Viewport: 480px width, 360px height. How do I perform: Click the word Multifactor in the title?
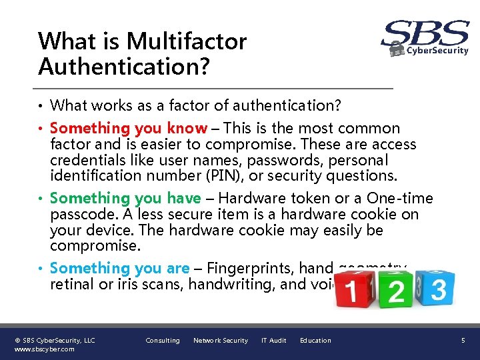click(187, 41)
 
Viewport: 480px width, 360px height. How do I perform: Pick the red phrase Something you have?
click(125, 198)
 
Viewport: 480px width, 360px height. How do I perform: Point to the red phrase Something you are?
click(120, 268)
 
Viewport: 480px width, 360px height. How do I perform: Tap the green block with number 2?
click(396, 291)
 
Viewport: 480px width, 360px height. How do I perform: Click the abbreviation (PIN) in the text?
click(232, 176)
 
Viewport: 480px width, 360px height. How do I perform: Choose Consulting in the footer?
click(163, 341)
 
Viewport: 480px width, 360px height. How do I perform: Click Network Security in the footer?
click(220, 341)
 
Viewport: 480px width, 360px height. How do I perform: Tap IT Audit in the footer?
click(273, 341)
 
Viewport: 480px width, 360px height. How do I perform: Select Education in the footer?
click(315, 341)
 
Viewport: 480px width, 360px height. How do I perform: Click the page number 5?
click(463, 341)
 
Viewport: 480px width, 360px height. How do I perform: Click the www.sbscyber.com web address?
click(45, 349)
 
